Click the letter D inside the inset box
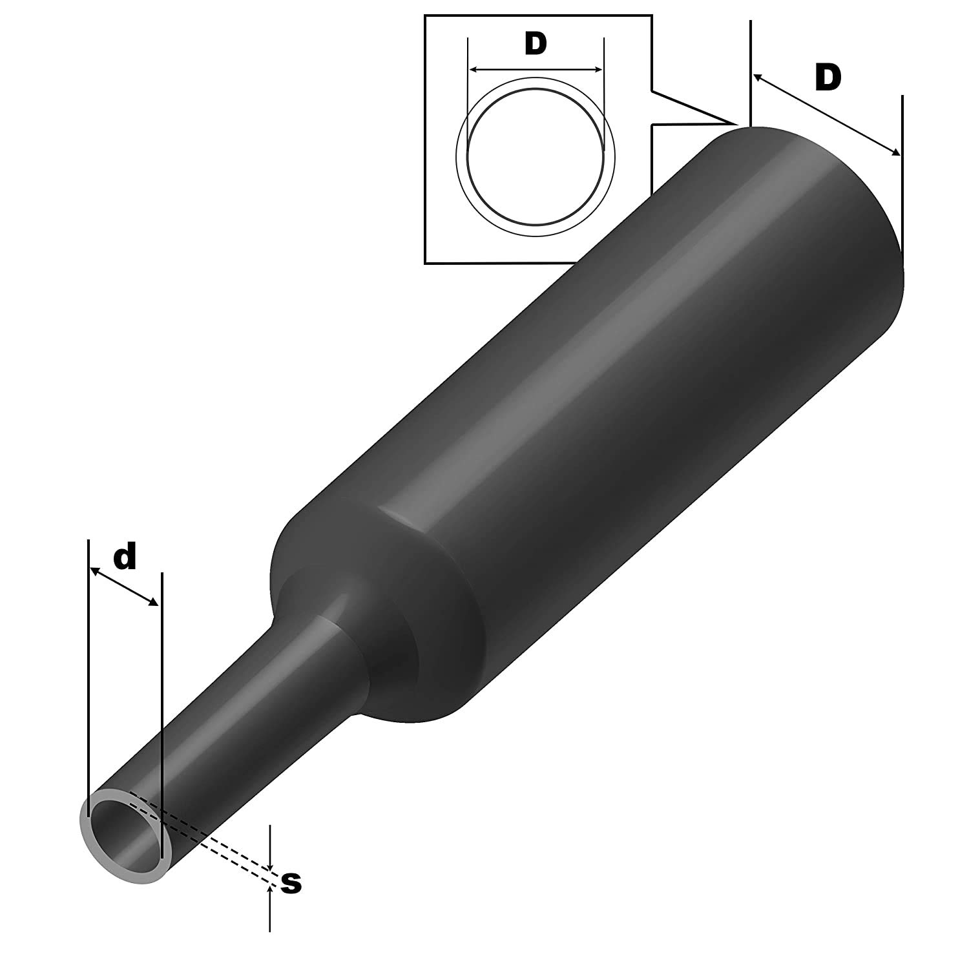click(x=536, y=44)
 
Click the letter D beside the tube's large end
click(x=828, y=79)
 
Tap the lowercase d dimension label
click(x=125, y=557)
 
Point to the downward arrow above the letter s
click(x=270, y=865)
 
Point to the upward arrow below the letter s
click(x=269, y=891)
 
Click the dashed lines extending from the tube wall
click(x=213, y=840)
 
